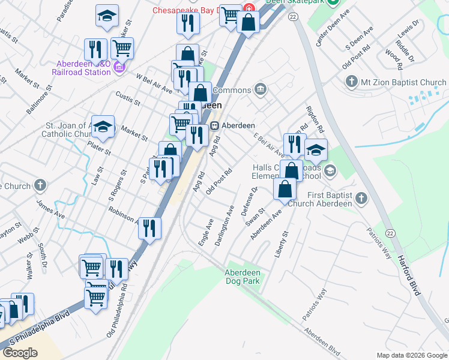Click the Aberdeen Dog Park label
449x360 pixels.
pyautogui.click(x=242, y=277)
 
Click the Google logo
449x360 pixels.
pyautogui.click(x=20, y=353)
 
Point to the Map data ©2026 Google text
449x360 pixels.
pyautogui.click(x=412, y=355)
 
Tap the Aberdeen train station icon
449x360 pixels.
pyautogui.click(x=214, y=126)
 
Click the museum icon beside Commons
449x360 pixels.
pyautogui.click(x=260, y=90)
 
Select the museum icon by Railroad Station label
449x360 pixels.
pyautogui.click(x=119, y=68)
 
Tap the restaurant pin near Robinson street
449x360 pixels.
pyautogui.click(x=149, y=228)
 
